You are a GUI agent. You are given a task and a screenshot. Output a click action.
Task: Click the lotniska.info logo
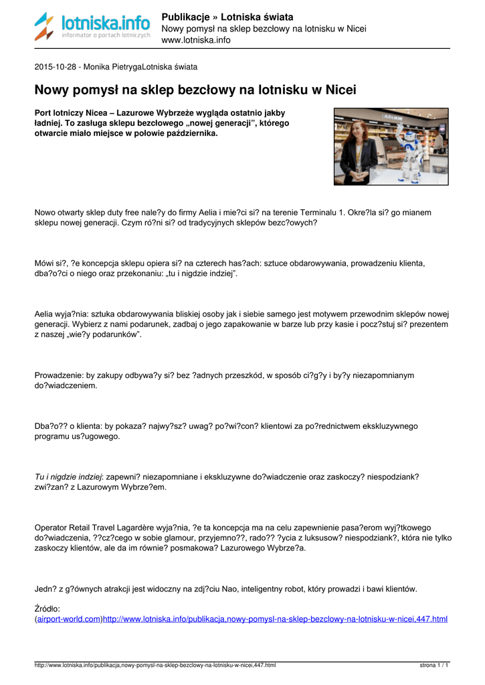pos(92,27)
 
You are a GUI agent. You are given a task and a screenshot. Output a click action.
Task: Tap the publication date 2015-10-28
pos(56,67)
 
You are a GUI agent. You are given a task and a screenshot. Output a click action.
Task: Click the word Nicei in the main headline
pos(338,90)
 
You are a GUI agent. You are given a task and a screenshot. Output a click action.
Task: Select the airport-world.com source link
pos(69,619)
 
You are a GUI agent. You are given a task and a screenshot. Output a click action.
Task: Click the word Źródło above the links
pos(47,609)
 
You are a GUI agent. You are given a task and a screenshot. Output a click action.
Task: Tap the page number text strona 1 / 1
pos(433,666)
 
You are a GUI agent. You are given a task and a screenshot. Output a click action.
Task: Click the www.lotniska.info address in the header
pos(196,40)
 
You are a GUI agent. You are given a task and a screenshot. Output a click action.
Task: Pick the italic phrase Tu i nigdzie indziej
pos(68,476)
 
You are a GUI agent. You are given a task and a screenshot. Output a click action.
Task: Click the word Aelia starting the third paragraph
pos(45,312)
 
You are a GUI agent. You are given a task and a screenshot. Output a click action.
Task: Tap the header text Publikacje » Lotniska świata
pos(227,17)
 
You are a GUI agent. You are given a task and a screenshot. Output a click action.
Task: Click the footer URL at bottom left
pos(155,666)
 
